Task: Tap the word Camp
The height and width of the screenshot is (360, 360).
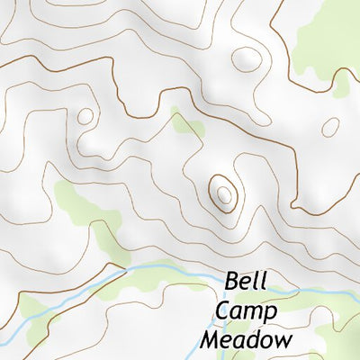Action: pyautogui.click(x=246, y=311)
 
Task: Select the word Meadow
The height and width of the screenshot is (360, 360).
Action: pyautogui.click(x=247, y=340)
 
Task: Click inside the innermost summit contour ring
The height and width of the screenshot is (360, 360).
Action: pyautogui.click(x=222, y=191)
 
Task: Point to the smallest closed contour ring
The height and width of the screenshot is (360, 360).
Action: pyautogui.click(x=85, y=116)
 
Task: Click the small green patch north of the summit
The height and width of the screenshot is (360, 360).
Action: pyautogui.click(x=186, y=125)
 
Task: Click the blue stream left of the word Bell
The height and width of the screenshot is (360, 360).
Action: pyautogui.click(x=162, y=268)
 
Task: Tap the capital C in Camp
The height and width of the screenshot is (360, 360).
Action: pyautogui.click(x=222, y=311)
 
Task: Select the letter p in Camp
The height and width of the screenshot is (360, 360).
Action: pyautogui.click(x=270, y=314)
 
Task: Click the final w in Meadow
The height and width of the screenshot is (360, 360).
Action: pyautogui.click(x=283, y=341)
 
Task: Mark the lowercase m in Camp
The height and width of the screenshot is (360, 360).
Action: pyautogui.click(x=252, y=313)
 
